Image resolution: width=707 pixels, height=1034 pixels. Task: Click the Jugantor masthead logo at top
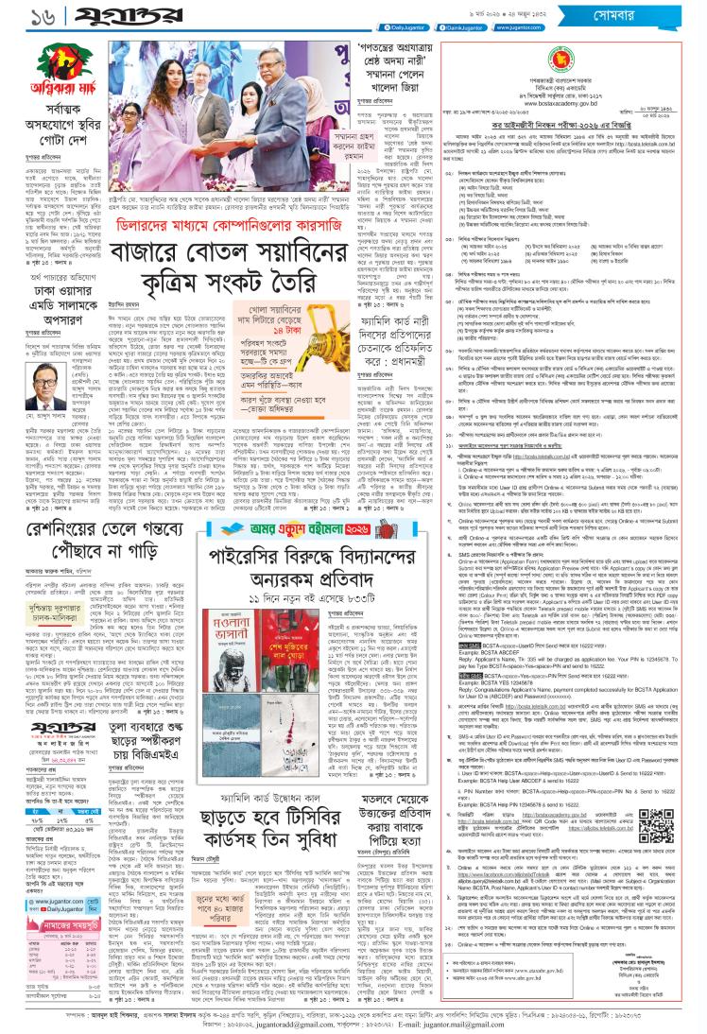[x=91, y=17]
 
